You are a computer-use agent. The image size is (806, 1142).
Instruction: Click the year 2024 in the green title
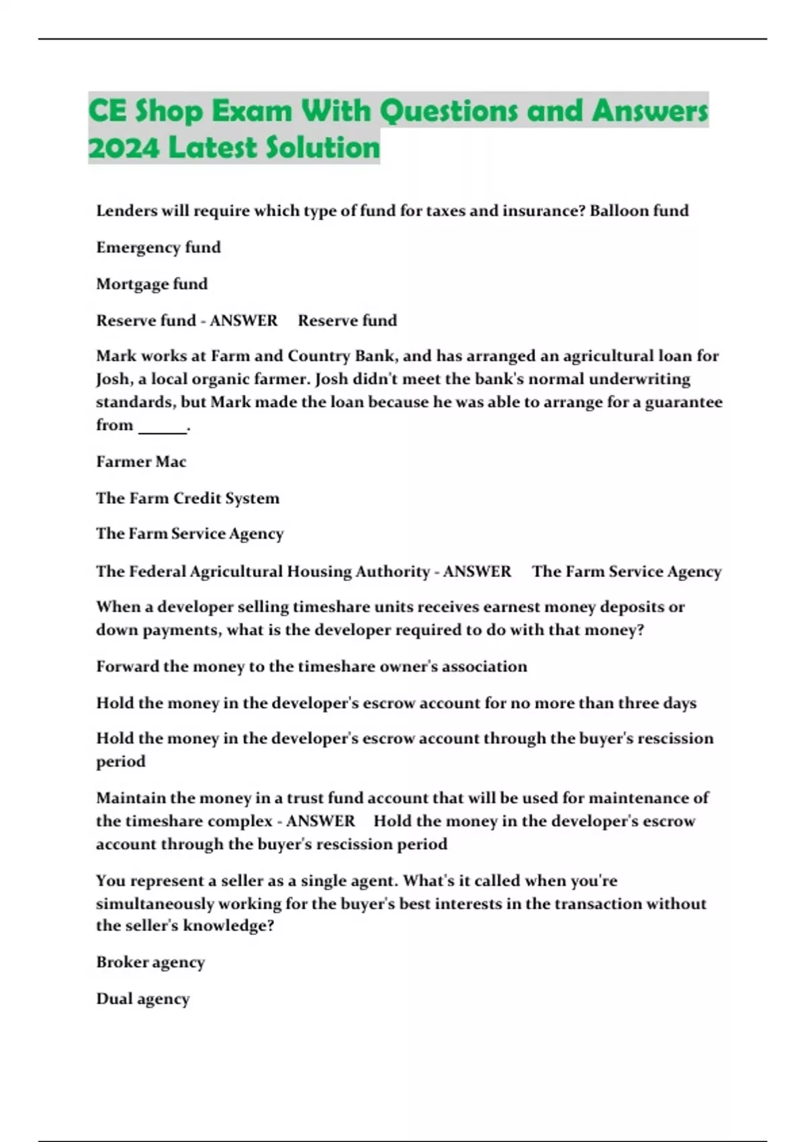[x=124, y=148]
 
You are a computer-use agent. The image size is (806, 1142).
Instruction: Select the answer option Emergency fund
[x=159, y=247]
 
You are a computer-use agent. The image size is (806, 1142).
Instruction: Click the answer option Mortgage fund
[x=152, y=283]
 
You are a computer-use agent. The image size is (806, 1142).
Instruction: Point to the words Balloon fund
[x=639, y=211]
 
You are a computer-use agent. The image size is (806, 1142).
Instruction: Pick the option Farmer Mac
[x=141, y=462]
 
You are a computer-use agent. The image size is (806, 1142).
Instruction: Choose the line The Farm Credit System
[x=187, y=498]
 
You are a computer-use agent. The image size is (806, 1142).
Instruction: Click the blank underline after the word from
[x=162, y=427]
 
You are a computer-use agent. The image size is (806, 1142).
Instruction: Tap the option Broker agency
[x=150, y=962]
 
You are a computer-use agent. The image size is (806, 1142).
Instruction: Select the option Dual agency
[x=143, y=998]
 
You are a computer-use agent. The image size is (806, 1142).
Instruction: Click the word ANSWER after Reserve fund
[x=244, y=320]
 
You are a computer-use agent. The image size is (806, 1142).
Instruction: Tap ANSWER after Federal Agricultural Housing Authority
[x=477, y=572]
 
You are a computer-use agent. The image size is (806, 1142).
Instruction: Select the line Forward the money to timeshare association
[x=312, y=666]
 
